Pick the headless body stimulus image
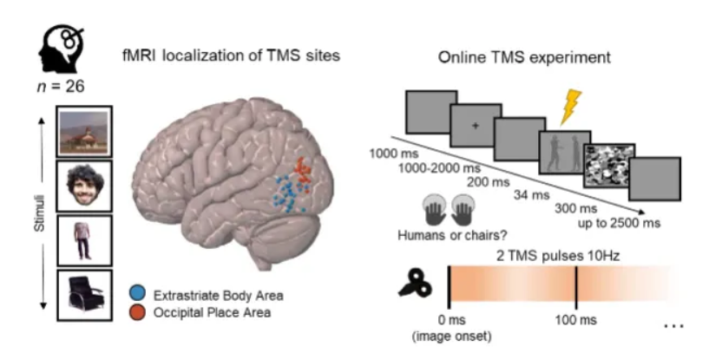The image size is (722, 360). point(84,241)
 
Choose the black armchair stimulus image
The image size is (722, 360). point(84,295)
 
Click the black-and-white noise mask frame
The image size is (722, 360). point(610,167)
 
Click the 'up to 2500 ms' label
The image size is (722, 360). point(620,223)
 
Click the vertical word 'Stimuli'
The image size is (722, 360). point(31,213)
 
